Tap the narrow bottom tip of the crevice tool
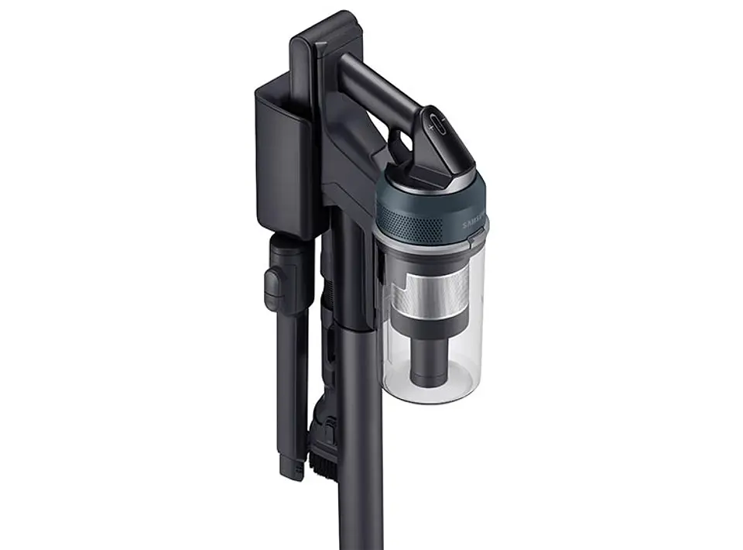click(x=291, y=465)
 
